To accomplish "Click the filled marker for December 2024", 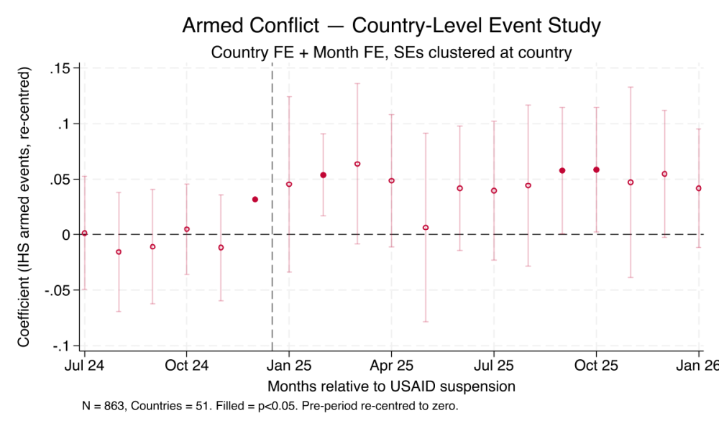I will [x=255, y=200].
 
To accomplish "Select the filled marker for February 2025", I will [x=324, y=175].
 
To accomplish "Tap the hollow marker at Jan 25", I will [x=289, y=185].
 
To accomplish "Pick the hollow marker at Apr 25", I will [x=392, y=181].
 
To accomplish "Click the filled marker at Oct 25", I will [x=596, y=170].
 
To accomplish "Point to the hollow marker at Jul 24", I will [x=85, y=233].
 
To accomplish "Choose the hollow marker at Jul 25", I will [x=494, y=190].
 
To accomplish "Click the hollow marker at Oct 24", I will [x=187, y=229].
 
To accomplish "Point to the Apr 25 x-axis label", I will [x=391, y=366].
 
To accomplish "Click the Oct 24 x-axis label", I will [x=186, y=366].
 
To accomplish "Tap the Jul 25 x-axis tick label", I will [x=494, y=366].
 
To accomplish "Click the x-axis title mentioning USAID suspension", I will [x=391, y=386].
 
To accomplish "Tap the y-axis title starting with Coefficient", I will [x=24, y=208].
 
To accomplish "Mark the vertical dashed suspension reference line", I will [x=272, y=287].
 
